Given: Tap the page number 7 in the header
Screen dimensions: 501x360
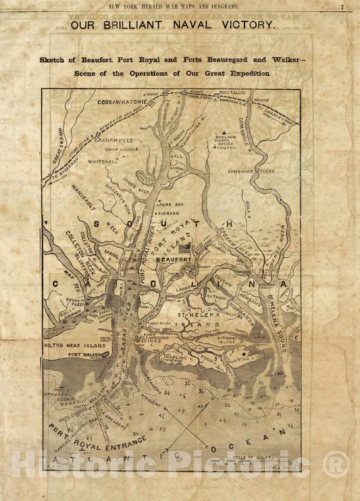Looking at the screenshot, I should coord(342,7).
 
